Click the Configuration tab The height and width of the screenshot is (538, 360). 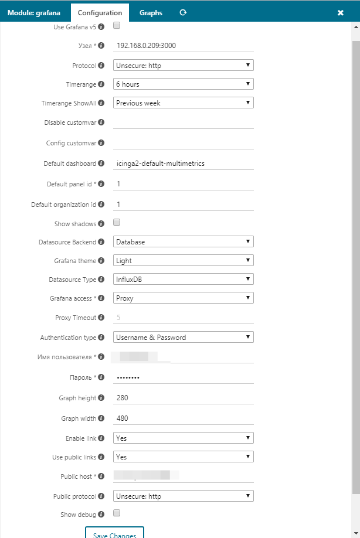click(x=100, y=12)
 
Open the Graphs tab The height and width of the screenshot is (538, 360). click(x=151, y=12)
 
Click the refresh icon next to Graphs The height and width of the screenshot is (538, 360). click(x=183, y=12)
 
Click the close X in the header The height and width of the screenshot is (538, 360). click(x=341, y=13)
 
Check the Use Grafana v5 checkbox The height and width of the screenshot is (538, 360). click(x=117, y=26)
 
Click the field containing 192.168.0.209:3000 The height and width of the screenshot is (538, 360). click(x=183, y=46)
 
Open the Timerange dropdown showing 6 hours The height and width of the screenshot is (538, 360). click(x=183, y=84)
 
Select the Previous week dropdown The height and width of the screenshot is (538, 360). click(x=183, y=103)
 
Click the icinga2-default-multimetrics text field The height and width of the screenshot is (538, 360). click(x=183, y=164)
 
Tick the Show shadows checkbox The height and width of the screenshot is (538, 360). click(x=117, y=223)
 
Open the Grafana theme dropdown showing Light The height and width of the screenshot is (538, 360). click(x=183, y=260)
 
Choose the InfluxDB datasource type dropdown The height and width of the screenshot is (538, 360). click(x=183, y=279)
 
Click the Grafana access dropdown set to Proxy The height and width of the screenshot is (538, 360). click(x=183, y=298)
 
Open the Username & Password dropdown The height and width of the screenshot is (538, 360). click(x=183, y=338)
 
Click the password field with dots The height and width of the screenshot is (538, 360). click(x=183, y=377)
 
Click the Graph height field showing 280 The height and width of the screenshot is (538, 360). click(x=183, y=399)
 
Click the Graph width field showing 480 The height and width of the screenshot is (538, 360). click(x=183, y=418)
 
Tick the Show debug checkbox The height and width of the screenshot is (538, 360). click(x=117, y=513)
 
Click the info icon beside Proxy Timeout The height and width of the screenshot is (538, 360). click(x=101, y=318)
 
